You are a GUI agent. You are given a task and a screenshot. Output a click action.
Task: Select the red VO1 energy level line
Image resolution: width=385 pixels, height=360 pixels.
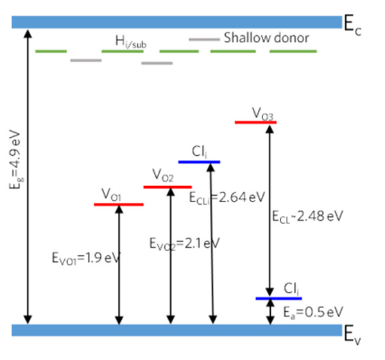(118, 204)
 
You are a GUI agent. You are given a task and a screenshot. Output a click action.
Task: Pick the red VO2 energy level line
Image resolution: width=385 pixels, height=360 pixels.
(163, 187)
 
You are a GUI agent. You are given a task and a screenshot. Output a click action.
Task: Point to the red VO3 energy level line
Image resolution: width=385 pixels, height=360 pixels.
(255, 121)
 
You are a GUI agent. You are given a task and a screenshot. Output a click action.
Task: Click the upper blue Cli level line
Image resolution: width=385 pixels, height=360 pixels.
(199, 162)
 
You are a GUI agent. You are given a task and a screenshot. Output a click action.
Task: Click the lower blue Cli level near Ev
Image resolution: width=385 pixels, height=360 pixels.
(278, 298)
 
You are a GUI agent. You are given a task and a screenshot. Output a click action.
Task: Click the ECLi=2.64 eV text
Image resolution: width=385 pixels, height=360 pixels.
(227, 197)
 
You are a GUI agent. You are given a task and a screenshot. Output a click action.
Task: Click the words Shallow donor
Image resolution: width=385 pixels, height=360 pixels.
(266, 38)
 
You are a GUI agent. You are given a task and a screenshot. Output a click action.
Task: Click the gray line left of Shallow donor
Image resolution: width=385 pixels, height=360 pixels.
(204, 39)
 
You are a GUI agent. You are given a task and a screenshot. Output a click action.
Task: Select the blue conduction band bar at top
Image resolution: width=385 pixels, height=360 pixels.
(176, 22)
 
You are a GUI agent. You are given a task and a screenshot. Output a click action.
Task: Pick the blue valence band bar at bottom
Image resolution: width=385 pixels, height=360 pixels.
(176, 330)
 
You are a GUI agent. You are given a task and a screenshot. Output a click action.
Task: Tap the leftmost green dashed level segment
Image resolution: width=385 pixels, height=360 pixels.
(51, 51)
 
